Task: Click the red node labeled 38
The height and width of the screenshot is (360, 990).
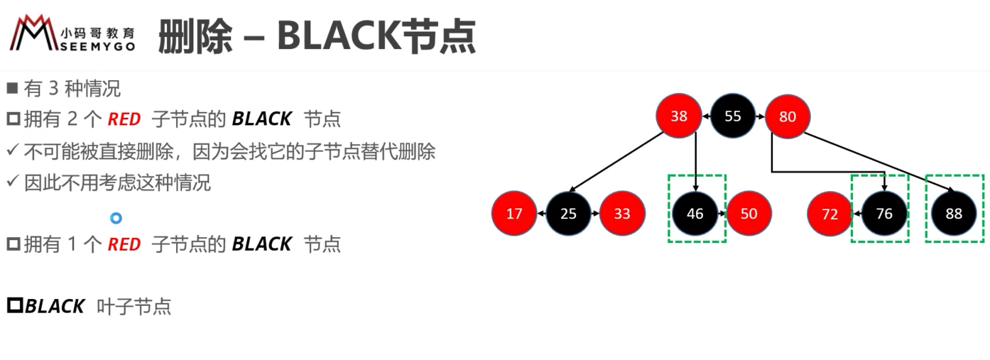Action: point(678,116)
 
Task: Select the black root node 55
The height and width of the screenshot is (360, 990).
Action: point(732,116)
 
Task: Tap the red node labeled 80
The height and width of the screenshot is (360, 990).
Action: point(787,116)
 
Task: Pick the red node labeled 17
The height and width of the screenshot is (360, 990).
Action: point(514,213)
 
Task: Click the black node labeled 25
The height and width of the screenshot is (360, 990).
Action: point(568,213)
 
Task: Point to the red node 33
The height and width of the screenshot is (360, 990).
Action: point(622,213)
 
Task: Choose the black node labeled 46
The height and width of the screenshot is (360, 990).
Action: point(695,213)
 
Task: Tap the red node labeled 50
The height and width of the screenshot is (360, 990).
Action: point(749,213)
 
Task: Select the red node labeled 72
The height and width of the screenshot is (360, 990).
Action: point(829,214)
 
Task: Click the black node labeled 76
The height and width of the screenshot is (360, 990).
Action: point(884,214)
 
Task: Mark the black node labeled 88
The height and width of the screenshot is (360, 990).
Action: point(954,214)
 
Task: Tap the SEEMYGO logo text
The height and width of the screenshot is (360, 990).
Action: point(97,47)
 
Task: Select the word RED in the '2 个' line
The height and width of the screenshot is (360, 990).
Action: point(124,119)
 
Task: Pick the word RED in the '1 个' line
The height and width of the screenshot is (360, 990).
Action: point(124,244)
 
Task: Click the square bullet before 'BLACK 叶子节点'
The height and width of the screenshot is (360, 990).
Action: point(15,305)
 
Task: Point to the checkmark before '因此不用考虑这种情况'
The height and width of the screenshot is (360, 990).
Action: point(13,181)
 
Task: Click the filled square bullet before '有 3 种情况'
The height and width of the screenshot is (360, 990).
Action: point(12,88)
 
